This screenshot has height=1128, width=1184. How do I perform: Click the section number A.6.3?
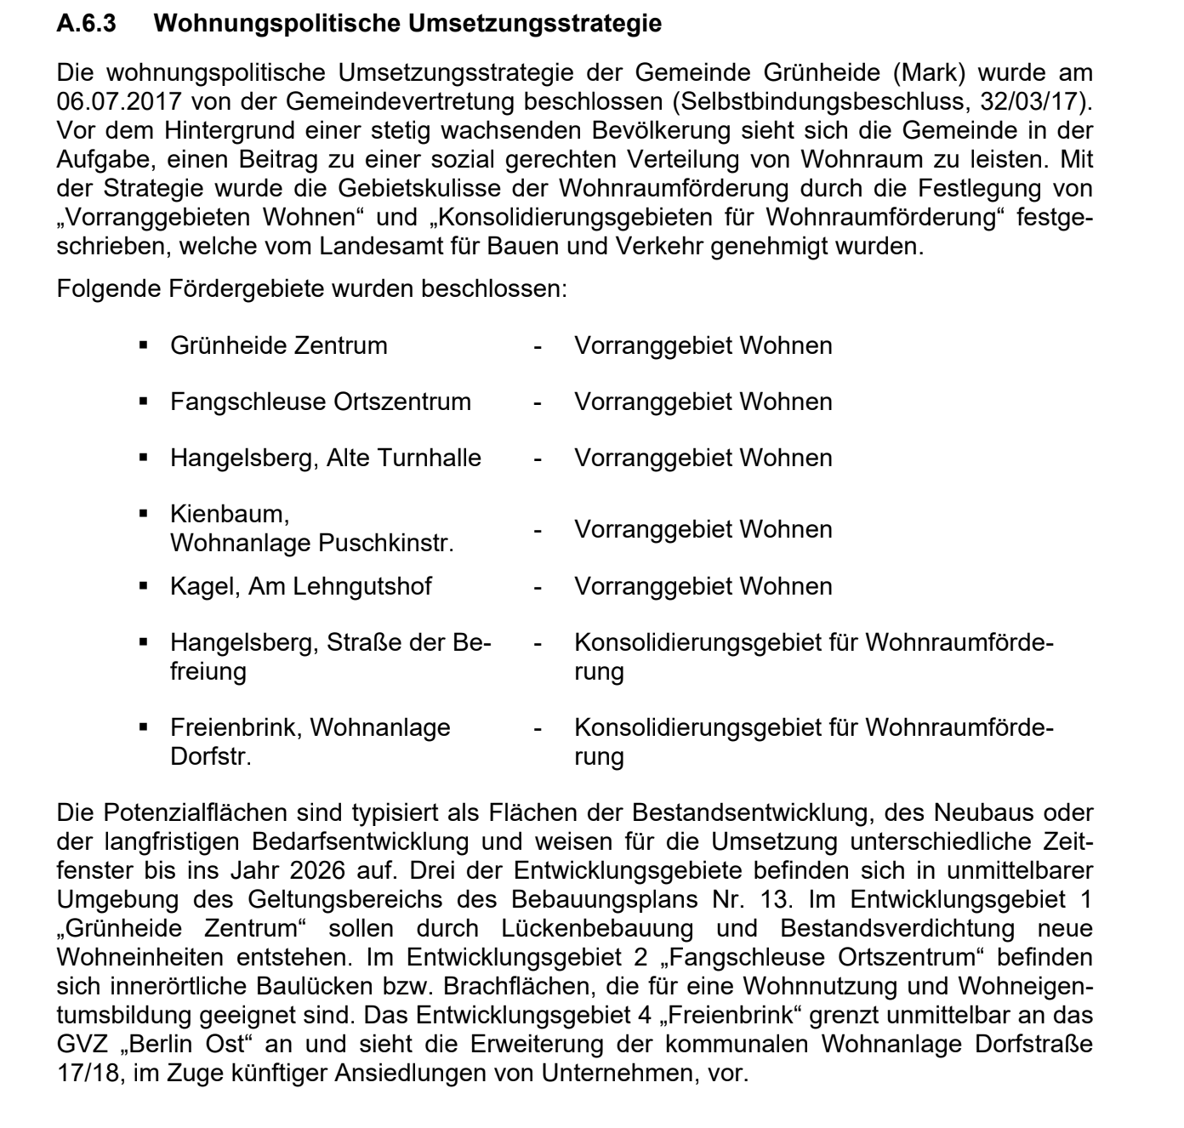[86, 24]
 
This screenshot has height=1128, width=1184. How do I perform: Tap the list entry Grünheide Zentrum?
[278, 345]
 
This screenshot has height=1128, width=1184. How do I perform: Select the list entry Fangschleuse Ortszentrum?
[320, 402]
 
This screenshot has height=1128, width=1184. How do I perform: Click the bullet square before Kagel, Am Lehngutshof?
[144, 586]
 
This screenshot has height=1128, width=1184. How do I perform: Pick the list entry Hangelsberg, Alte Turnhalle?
[325, 458]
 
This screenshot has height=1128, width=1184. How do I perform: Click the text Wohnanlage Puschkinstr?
[311, 543]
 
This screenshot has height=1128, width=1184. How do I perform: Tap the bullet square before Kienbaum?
[144, 514]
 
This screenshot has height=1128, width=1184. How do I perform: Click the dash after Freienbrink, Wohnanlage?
[537, 728]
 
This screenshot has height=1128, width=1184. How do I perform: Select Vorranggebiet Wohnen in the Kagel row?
[703, 586]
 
